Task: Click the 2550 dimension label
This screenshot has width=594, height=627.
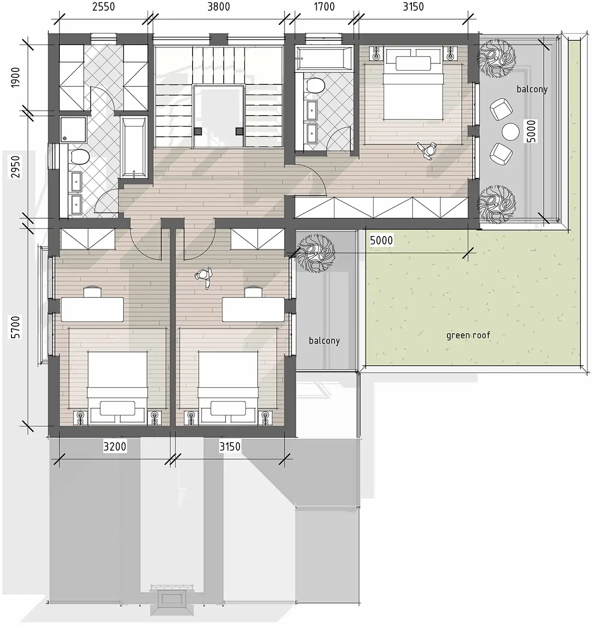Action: (x=103, y=7)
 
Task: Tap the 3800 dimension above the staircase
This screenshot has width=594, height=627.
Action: (x=218, y=7)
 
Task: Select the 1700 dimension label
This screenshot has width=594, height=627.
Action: (x=324, y=7)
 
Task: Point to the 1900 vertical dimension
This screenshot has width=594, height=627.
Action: (x=15, y=78)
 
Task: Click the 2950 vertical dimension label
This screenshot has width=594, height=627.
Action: (x=15, y=166)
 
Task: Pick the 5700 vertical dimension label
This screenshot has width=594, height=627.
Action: (x=15, y=327)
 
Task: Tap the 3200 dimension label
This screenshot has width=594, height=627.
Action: (x=114, y=446)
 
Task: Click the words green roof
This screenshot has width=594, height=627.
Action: (x=468, y=335)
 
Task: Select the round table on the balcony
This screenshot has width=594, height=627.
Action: (x=510, y=132)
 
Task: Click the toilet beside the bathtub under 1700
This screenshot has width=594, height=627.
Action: (x=315, y=85)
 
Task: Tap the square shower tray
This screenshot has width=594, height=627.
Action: (x=74, y=130)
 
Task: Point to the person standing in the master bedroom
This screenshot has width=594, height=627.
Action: (x=427, y=151)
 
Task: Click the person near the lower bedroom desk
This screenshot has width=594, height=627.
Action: (x=204, y=277)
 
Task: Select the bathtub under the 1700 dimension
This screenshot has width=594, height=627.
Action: (x=324, y=58)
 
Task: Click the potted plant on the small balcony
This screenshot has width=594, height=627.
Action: (x=316, y=254)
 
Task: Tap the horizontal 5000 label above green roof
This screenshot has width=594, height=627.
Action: (x=381, y=240)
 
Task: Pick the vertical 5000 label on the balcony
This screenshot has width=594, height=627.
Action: (x=531, y=131)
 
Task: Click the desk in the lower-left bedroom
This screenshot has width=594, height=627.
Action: (x=92, y=309)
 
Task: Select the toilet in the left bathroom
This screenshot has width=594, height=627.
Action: (x=80, y=156)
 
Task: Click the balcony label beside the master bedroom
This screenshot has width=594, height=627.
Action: (x=532, y=89)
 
